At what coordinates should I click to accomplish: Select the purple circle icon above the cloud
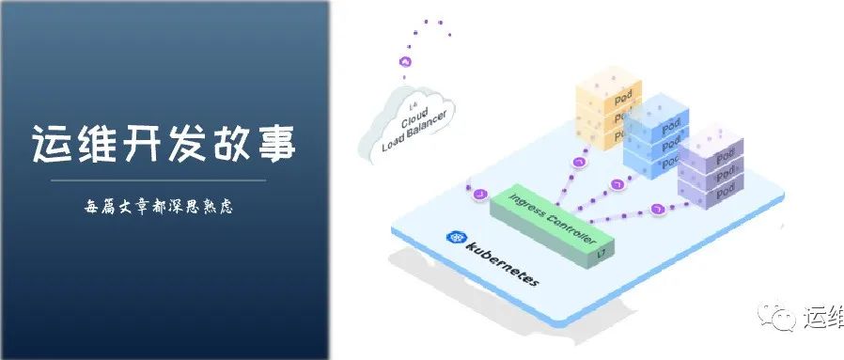coord(405,61)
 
